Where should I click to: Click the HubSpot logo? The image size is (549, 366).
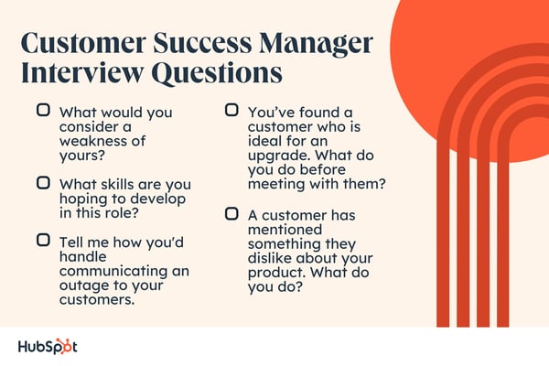(48, 347)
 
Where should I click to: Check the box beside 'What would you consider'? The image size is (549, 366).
(43, 110)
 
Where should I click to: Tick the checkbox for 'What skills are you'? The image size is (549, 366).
(43, 183)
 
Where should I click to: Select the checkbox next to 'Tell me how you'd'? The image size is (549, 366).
(43, 241)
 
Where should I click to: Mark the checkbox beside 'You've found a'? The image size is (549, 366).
(231, 110)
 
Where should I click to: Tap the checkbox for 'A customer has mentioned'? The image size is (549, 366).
(231, 213)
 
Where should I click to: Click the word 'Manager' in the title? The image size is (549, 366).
(316, 44)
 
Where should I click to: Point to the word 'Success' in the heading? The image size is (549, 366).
(202, 43)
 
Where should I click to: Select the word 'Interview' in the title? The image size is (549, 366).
(82, 73)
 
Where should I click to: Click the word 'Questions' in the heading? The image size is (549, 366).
(218, 74)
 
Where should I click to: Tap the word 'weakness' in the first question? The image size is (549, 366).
(91, 141)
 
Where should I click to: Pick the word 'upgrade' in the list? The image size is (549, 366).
(276, 156)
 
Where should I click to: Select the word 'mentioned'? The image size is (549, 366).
(285, 230)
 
